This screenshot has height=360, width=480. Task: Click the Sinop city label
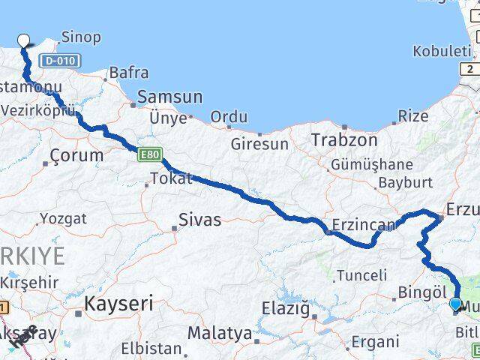pyautogui.click(x=81, y=37)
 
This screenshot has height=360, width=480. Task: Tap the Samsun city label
pyautogui.click(x=169, y=97)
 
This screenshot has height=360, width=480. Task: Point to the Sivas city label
pyautogui.click(x=199, y=220)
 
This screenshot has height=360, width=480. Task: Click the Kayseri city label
pyautogui.click(x=118, y=304)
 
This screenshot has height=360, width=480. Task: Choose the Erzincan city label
pyautogui.click(x=364, y=224)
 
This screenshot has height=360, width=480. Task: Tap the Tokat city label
pyautogui.click(x=171, y=178)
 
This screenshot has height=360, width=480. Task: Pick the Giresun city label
pyautogui.click(x=259, y=143)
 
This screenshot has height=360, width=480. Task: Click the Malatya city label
pyautogui.click(x=220, y=332)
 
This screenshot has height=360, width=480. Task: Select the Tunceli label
pyautogui.click(x=361, y=275)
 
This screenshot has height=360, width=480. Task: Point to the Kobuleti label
pyautogui.click(x=442, y=51)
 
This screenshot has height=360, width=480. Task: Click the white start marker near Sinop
pyautogui.click(x=23, y=40)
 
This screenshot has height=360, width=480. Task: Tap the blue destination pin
pyautogui.click(x=455, y=303)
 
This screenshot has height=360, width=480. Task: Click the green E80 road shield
pyautogui.click(x=148, y=154)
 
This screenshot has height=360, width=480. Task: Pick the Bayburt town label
pyautogui.click(x=406, y=182)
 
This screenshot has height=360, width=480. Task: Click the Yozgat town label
pyautogui.click(x=63, y=219)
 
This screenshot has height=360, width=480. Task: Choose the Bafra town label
pyautogui.click(x=128, y=73)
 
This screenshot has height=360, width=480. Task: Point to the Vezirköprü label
pyautogui.click(x=39, y=109)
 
